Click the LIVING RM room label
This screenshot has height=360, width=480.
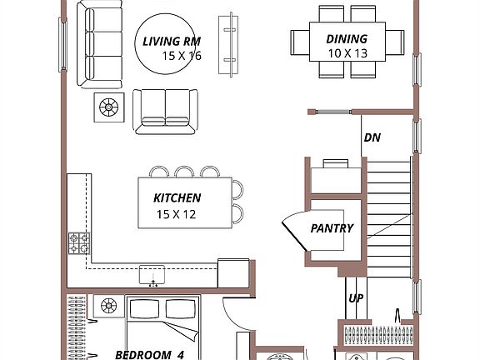coord(170,41)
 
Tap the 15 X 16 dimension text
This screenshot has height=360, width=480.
coord(182,56)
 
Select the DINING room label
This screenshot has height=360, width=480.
coord(345,39)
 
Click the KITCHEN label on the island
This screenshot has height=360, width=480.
coord(177,198)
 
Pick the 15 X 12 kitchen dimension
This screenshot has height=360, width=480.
coord(177,213)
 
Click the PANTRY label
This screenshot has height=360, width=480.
coord(332,228)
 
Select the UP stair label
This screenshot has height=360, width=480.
coord(355,297)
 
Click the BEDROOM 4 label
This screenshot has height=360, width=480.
coord(149,354)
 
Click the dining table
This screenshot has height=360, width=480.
coord(345,41)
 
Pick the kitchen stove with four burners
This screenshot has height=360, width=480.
coord(79,242)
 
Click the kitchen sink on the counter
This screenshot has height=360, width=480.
coord(152,273)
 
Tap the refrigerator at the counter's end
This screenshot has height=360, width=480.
coord(232,272)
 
